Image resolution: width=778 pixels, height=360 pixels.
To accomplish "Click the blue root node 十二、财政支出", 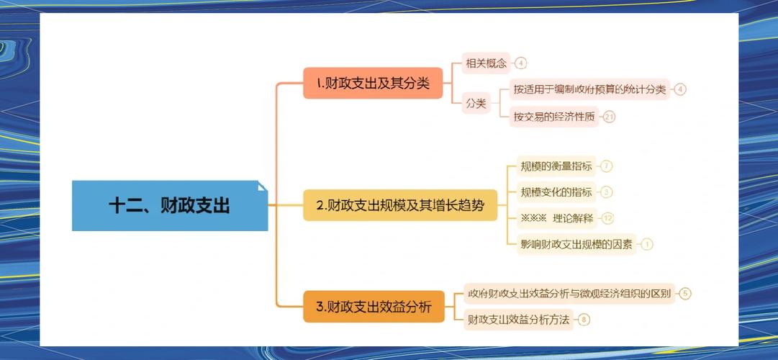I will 170,206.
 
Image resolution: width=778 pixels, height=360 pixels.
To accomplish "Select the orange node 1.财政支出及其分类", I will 373,84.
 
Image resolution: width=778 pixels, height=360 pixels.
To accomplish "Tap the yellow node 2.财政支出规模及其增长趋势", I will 400,206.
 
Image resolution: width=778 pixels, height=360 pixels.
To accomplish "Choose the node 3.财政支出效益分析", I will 374,307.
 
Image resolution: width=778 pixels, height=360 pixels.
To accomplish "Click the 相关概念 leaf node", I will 486,63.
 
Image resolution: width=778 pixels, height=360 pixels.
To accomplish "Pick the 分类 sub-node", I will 476,104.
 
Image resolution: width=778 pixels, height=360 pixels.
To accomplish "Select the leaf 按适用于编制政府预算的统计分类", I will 589,90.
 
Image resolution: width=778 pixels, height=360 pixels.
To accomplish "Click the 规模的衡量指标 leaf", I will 556,166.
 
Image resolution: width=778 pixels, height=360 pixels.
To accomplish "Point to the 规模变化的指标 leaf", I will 556,192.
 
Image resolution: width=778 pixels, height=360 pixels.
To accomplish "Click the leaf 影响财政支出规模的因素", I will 576,244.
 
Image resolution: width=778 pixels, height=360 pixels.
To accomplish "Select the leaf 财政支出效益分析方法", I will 518,319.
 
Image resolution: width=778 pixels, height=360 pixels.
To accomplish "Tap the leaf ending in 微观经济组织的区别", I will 569,293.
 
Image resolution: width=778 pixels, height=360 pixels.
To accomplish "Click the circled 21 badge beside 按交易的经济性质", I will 610,117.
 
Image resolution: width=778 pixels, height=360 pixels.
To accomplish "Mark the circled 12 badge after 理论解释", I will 608,218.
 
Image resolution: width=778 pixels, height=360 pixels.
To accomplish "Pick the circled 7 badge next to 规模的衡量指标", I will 607,166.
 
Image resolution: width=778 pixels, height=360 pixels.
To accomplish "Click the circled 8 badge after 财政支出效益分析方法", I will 584,319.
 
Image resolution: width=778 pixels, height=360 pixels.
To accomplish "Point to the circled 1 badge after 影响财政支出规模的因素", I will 646,244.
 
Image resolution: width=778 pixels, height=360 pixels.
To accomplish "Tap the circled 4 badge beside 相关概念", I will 521,63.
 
